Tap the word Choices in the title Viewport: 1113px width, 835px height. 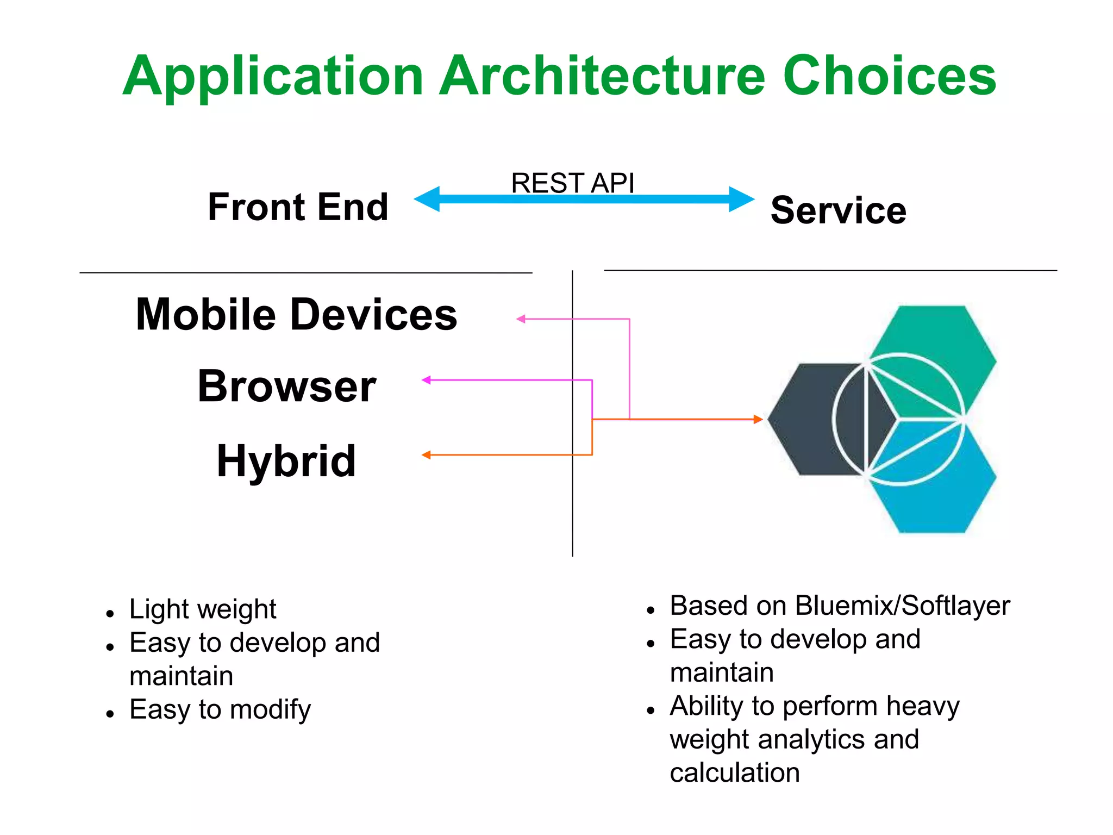click(x=889, y=76)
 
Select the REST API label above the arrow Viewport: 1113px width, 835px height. click(x=572, y=183)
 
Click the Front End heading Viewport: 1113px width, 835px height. click(x=298, y=207)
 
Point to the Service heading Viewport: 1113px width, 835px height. click(x=839, y=210)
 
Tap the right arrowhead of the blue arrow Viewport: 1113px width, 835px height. click(x=741, y=199)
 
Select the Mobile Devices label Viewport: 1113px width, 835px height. click(x=296, y=315)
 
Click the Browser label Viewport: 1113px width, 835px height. click(x=286, y=387)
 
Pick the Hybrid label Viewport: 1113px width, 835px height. click(x=286, y=461)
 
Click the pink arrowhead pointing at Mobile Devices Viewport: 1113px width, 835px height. click(x=521, y=319)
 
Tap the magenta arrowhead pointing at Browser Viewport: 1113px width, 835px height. click(x=427, y=380)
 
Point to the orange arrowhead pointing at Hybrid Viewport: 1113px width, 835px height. click(x=427, y=455)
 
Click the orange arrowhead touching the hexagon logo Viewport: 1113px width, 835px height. click(x=758, y=419)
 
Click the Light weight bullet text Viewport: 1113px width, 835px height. click(x=203, y=609)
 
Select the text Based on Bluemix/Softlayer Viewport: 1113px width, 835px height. click(x=840, y=606)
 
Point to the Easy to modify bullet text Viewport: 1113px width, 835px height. click(x=220, y=710)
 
